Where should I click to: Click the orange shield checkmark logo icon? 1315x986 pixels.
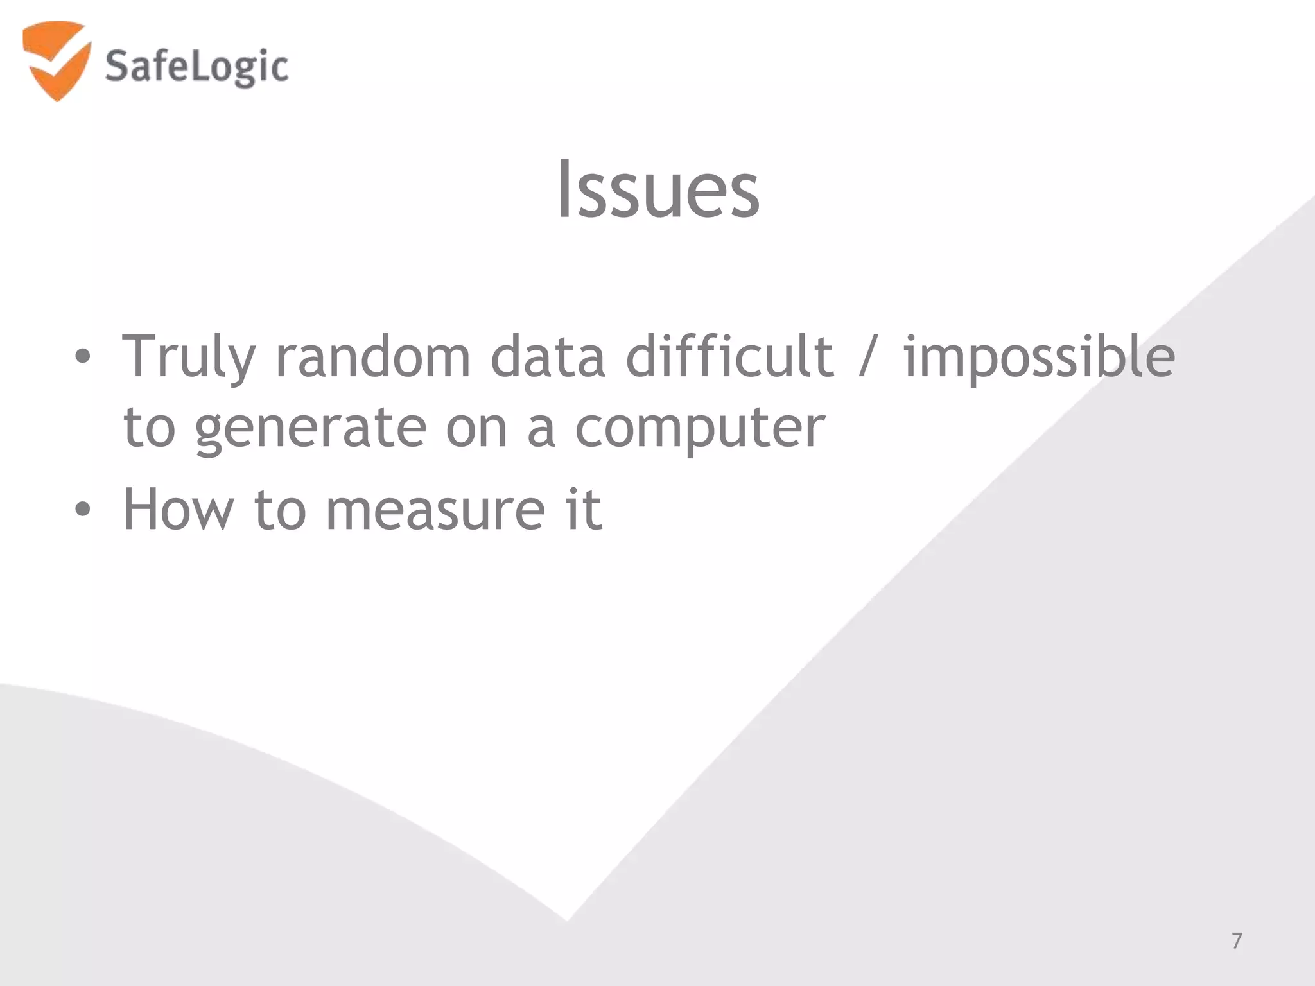[56, 60]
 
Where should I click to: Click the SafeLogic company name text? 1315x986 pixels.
[196, 67]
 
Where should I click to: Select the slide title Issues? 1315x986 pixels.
[657, 190]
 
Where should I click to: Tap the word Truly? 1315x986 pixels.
[189, 357]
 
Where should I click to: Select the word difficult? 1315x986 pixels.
[730, 357]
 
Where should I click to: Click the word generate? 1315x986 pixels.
[311, 429]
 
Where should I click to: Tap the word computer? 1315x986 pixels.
[699, 429]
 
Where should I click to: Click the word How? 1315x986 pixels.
[178, 510]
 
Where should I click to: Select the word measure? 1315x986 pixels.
[435, 511]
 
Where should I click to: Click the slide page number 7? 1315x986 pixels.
[1237, 940]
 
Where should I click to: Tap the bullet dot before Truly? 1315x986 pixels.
[82, 357]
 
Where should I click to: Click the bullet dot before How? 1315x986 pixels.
[82, 510]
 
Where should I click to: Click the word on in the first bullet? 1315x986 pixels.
[476, 429]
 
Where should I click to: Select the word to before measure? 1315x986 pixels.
[279, 510]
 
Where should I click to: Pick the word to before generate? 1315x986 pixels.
[149, 428]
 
